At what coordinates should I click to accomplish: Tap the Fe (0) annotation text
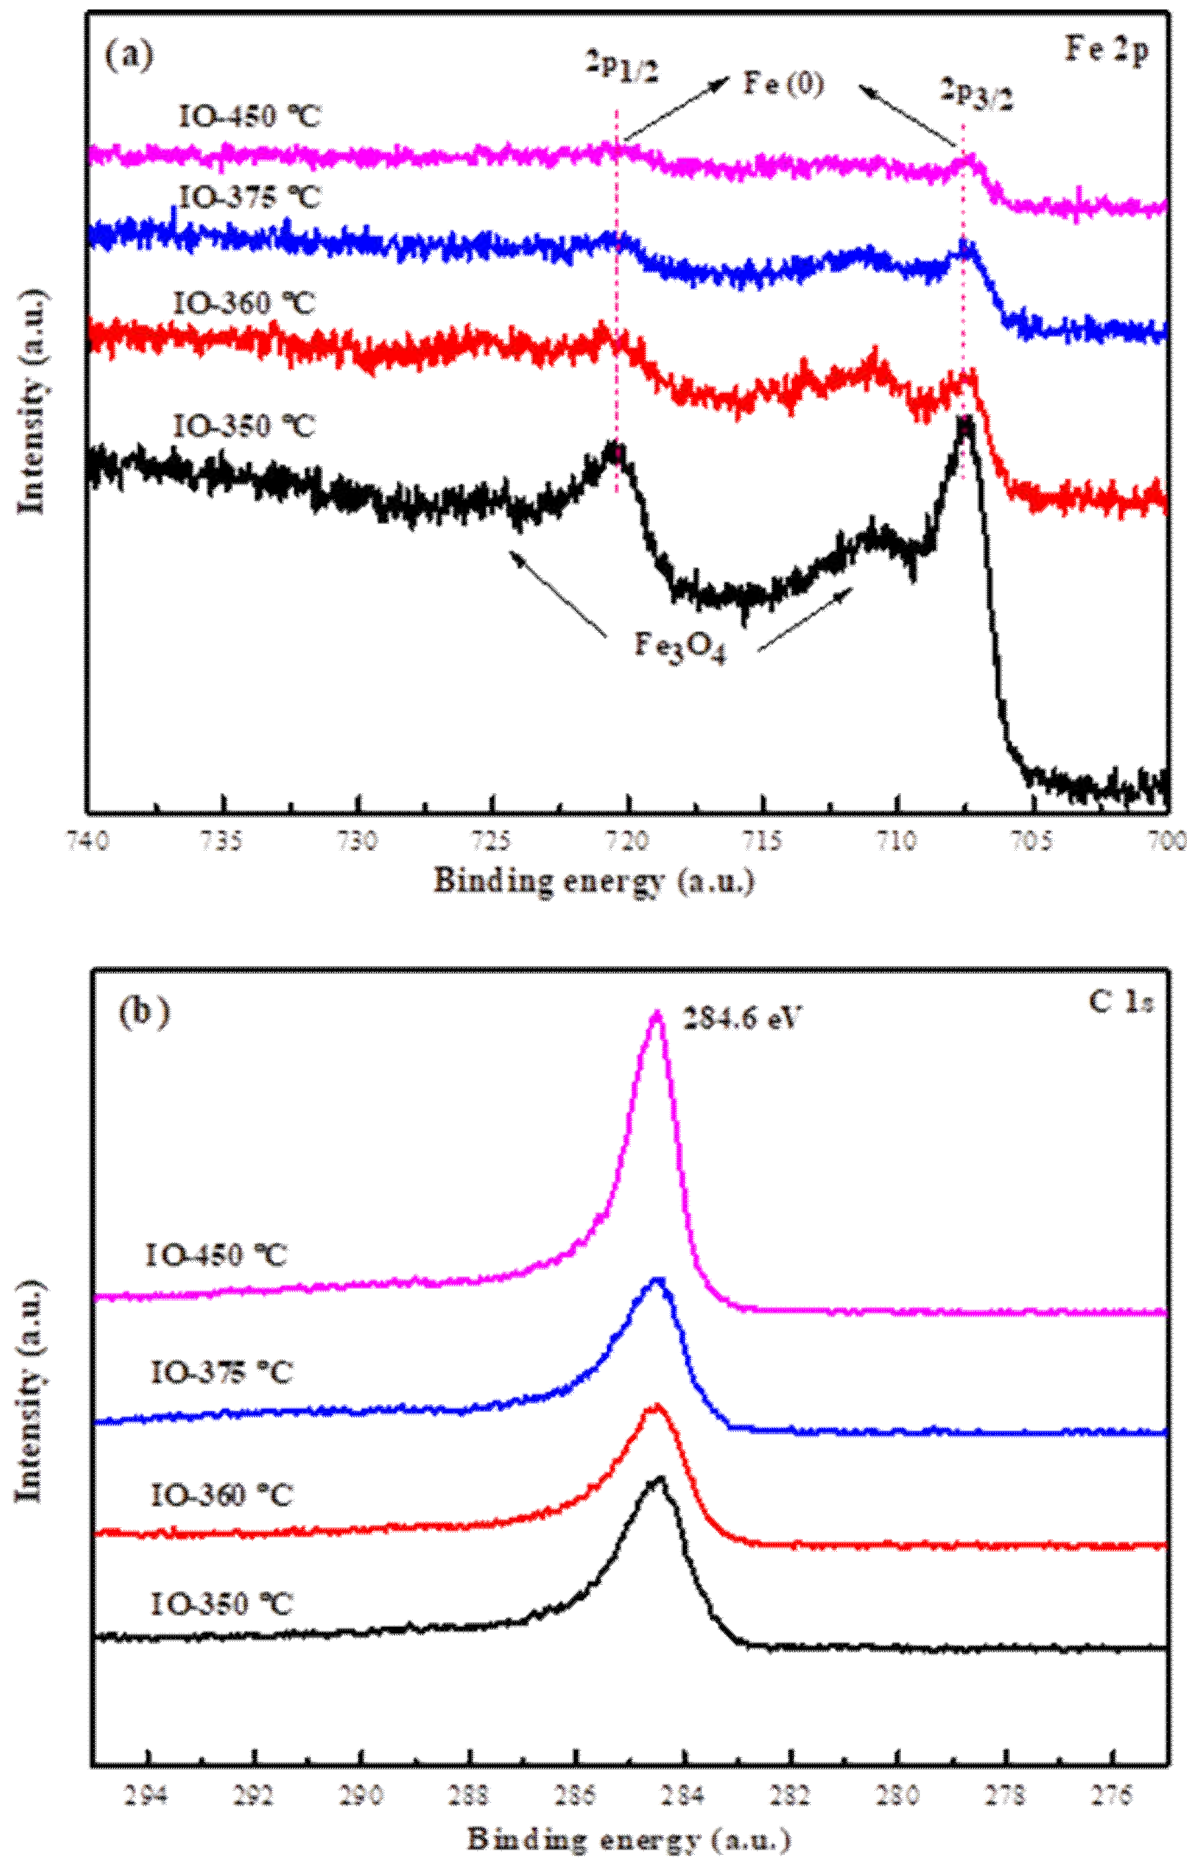[x=783, y=83]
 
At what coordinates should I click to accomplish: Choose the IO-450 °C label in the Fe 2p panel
[x=249, y=117]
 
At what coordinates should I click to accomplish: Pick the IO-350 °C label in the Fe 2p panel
[x=244, y=426]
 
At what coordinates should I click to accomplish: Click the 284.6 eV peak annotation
[x=740, y=1018]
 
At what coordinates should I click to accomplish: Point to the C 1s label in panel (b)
[x=1121, y=1002]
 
